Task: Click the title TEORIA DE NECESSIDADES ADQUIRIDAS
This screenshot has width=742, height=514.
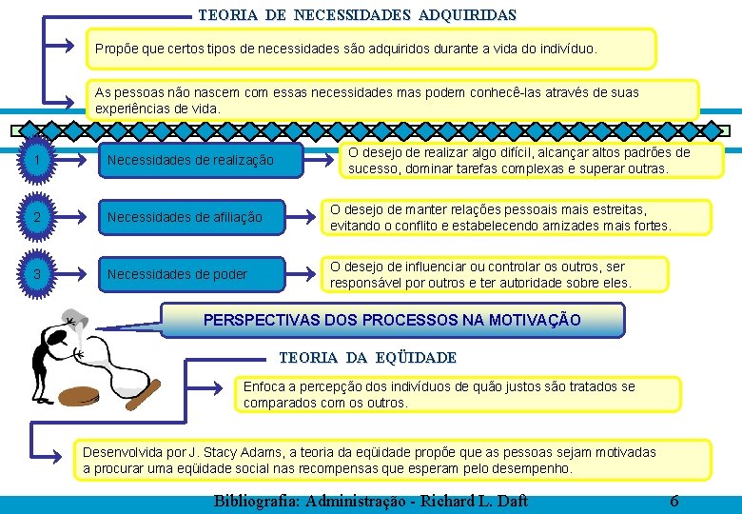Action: pyautogui.click(x=357, y=15)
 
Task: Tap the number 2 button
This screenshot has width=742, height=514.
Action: pyautogui.click(x=35, y=218)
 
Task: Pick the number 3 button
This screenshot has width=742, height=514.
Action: pyautogui.click(x=35, y=274)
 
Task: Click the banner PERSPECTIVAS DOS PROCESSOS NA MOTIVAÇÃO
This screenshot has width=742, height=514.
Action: pyautogui.click(x=392, y=320)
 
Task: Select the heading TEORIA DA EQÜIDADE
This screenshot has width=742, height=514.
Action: pyautogui.click(x=367, y=358)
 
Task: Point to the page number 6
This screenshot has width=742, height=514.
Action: pyautogui.click(x=674, y=501)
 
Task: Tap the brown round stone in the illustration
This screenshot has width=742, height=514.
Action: pyautogui.click(x=83, y=396)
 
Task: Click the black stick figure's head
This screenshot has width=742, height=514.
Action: pyautogui.click(x=59, y=337)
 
